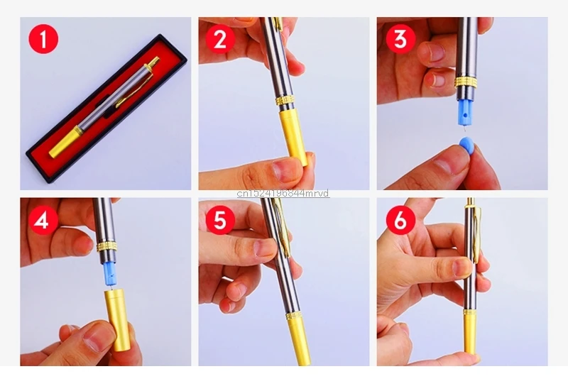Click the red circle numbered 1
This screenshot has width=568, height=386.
tap(43, 39)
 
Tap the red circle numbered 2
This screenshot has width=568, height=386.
tap(221, 39)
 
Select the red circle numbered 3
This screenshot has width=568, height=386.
tap(400, 39)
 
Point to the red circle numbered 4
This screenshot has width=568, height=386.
tap(43, 220)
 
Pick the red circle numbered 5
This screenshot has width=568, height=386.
tap(221, 220)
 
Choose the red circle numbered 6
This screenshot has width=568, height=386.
tap(400, 220)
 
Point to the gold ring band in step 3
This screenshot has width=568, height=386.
tap(466, 82)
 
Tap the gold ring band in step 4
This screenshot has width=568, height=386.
tap(107, 247)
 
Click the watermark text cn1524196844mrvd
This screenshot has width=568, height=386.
tap(283, 194)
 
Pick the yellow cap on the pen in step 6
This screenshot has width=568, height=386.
tap(471, 331)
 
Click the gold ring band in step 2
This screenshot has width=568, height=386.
tap(285, 101)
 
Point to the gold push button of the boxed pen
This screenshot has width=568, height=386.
tap(153, 62)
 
